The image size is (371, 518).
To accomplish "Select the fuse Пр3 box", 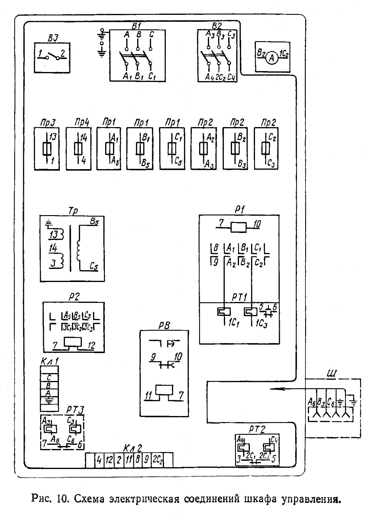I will click(47, 149).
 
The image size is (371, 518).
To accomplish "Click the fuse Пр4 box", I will click(79, 149).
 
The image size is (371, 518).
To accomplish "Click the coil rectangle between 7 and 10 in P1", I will click(239, 227).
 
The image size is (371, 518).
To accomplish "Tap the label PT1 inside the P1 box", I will click(240, 297).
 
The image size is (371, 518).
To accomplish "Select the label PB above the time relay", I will click(164, 326).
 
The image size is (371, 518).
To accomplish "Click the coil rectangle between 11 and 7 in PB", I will click(164, 390).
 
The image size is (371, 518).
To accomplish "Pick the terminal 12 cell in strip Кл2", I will click(109, 460).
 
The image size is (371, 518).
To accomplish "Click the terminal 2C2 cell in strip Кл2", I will click(158, 460).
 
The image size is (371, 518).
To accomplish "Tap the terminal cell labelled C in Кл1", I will click(49, 378).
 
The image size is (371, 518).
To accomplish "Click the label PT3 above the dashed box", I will click(75, 410).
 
